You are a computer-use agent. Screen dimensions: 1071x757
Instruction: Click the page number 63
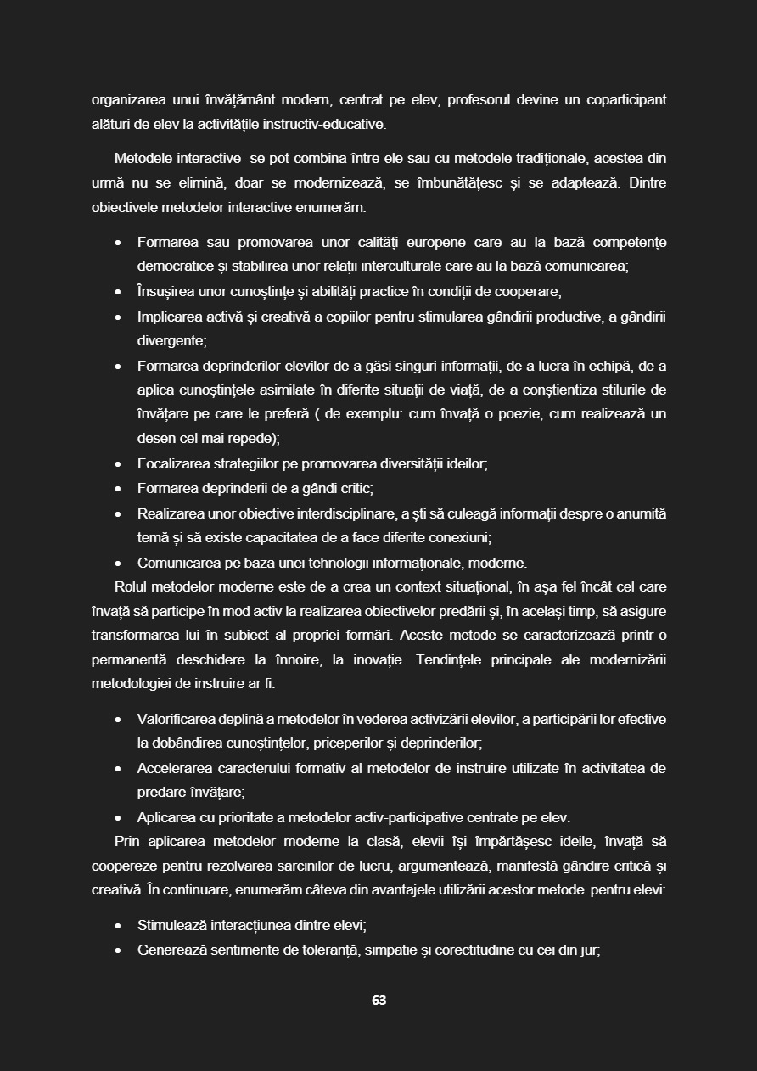pyautogui.click(x=378, y=1001)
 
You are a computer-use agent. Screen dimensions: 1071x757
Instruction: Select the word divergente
pyautogui.click(x=171, y=341)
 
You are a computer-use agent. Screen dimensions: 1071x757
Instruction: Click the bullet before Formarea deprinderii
pyautogui.click(x=118, y=489)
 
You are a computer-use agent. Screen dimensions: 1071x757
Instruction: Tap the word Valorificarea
pyautogui.click(x=182, y=720)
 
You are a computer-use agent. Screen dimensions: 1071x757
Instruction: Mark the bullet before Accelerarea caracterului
pyautogui.click(x=118, y=769)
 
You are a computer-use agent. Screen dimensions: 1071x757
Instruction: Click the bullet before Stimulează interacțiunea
pyautogui.click(x=118, y=926)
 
